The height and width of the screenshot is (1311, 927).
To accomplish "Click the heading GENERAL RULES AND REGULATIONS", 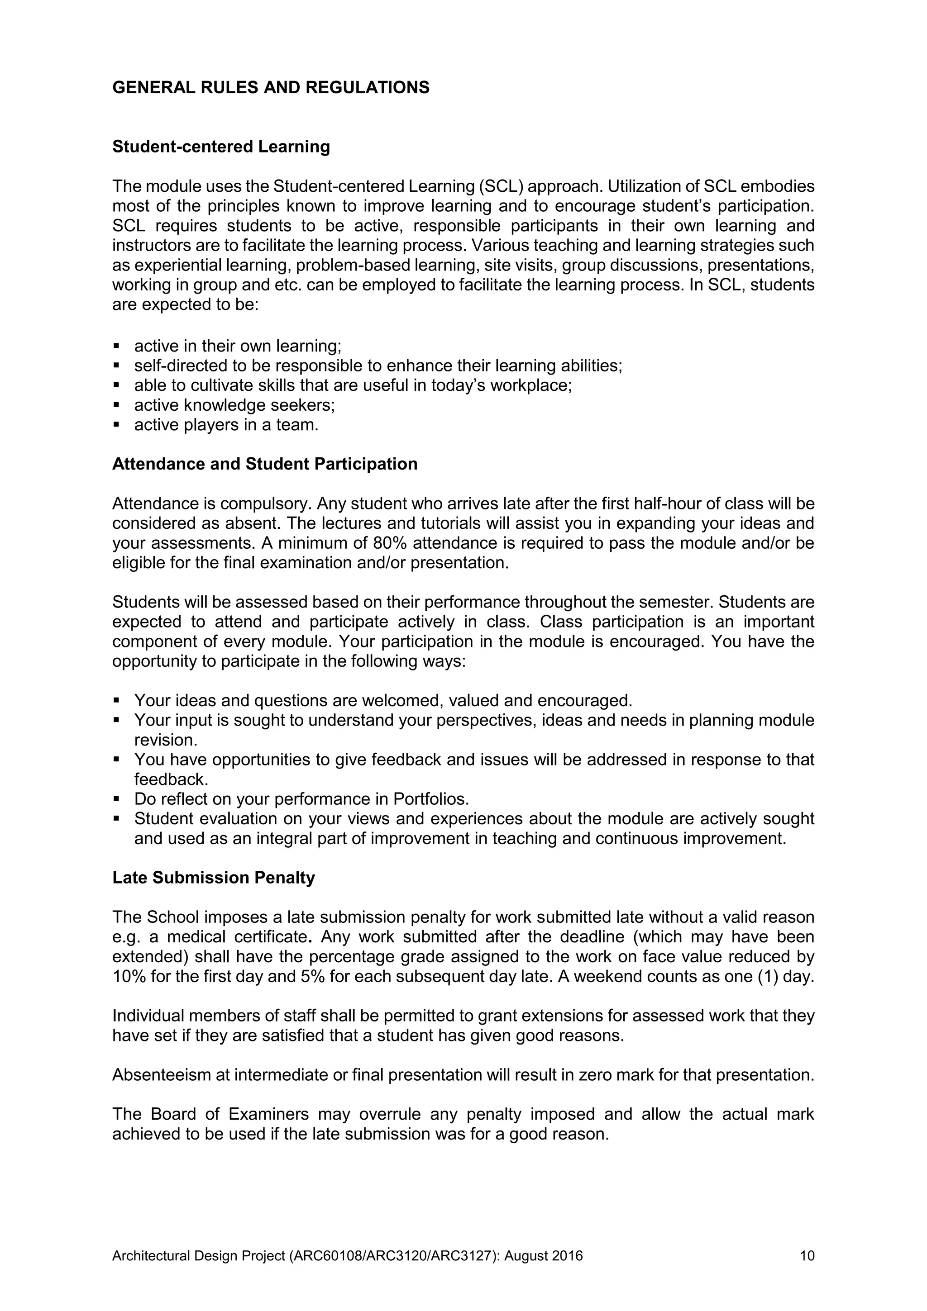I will point(271,87).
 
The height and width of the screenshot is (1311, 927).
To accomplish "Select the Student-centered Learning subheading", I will point(221,147).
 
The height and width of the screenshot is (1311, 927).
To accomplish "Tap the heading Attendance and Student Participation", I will point(264,464).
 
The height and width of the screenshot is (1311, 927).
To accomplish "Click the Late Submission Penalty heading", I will point(213,878).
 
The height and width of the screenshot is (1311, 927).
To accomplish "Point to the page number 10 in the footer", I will point(807,1256).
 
